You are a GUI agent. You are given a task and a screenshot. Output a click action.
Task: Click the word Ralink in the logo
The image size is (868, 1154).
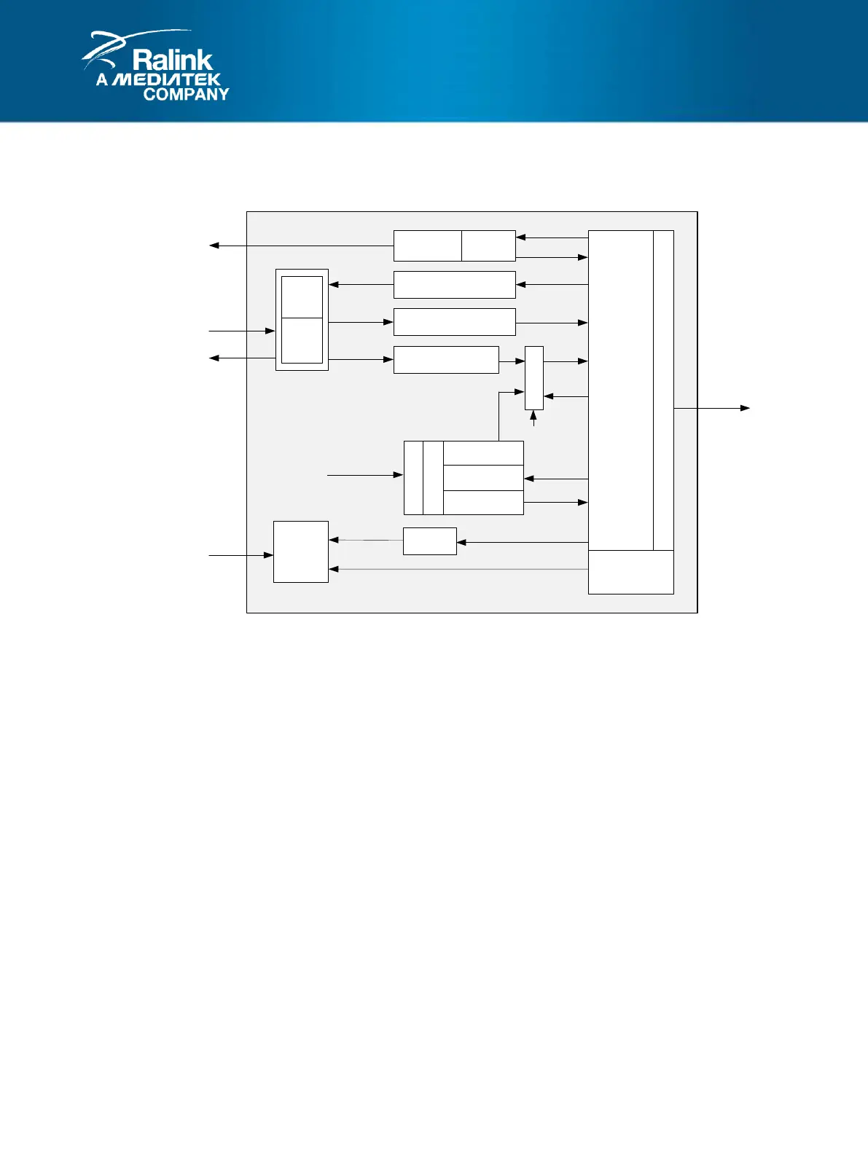173,60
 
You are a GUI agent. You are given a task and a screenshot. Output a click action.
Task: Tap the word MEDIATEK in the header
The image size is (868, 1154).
168,79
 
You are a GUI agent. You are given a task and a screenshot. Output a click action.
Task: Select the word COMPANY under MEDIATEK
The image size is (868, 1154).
186,94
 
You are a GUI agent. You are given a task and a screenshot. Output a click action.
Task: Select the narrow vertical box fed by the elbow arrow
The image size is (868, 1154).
534,378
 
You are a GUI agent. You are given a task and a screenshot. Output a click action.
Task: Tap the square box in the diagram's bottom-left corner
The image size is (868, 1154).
301,552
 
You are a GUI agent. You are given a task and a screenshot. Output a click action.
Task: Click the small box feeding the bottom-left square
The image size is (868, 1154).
430,541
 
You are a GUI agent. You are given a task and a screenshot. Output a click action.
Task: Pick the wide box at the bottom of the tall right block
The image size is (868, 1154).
631,572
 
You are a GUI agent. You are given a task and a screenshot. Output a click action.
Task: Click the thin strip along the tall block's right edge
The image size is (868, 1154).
663,390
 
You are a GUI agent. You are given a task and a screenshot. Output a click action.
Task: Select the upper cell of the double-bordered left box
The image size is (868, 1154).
302,297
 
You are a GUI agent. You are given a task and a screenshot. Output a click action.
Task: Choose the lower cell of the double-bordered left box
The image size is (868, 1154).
302,340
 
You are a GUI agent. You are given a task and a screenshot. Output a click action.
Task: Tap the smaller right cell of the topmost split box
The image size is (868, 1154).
488,246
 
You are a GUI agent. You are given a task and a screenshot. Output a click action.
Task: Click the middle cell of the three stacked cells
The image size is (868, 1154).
483,478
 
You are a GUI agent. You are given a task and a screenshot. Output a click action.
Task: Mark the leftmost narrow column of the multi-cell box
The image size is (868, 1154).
413,478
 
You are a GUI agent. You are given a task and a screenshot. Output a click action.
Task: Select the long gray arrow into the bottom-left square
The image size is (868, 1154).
459,569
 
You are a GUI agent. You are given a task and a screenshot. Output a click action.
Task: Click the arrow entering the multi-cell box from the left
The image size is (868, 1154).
365,475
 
